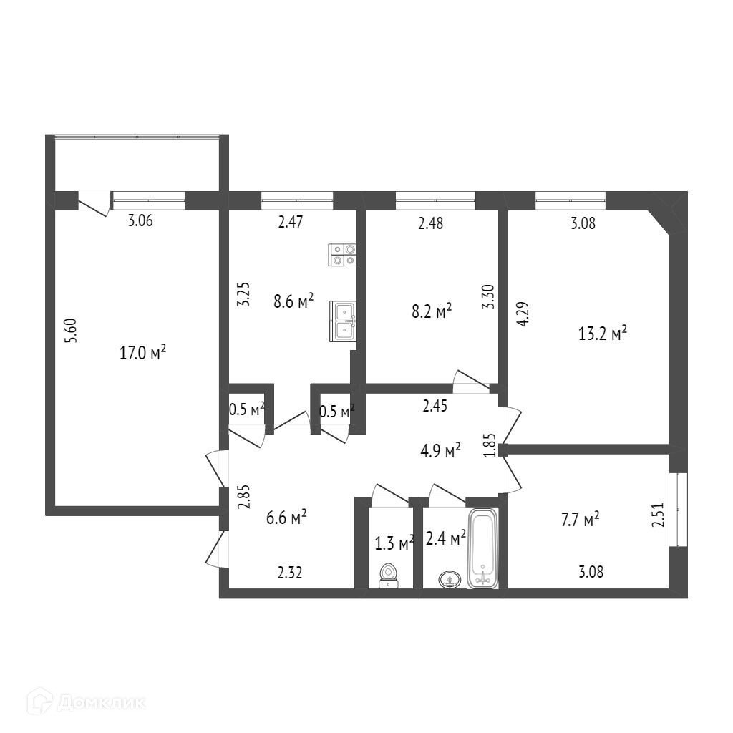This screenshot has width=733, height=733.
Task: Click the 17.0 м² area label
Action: coord(143,352)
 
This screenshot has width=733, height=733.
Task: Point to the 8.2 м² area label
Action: coord(431,311)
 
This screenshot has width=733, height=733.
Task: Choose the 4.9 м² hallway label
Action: coord(440,451)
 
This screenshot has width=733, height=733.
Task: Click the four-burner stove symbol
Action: coord(342,255)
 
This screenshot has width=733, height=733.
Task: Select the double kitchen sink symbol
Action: coord(343,320)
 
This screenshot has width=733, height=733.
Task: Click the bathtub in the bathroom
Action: coord(483,548)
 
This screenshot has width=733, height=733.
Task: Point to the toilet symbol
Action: coord(389,575)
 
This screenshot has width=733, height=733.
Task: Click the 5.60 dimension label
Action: coord(70,331)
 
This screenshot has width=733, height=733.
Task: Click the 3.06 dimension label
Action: coord(140,221)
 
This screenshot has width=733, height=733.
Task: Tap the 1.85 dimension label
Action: coord(490,446)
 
